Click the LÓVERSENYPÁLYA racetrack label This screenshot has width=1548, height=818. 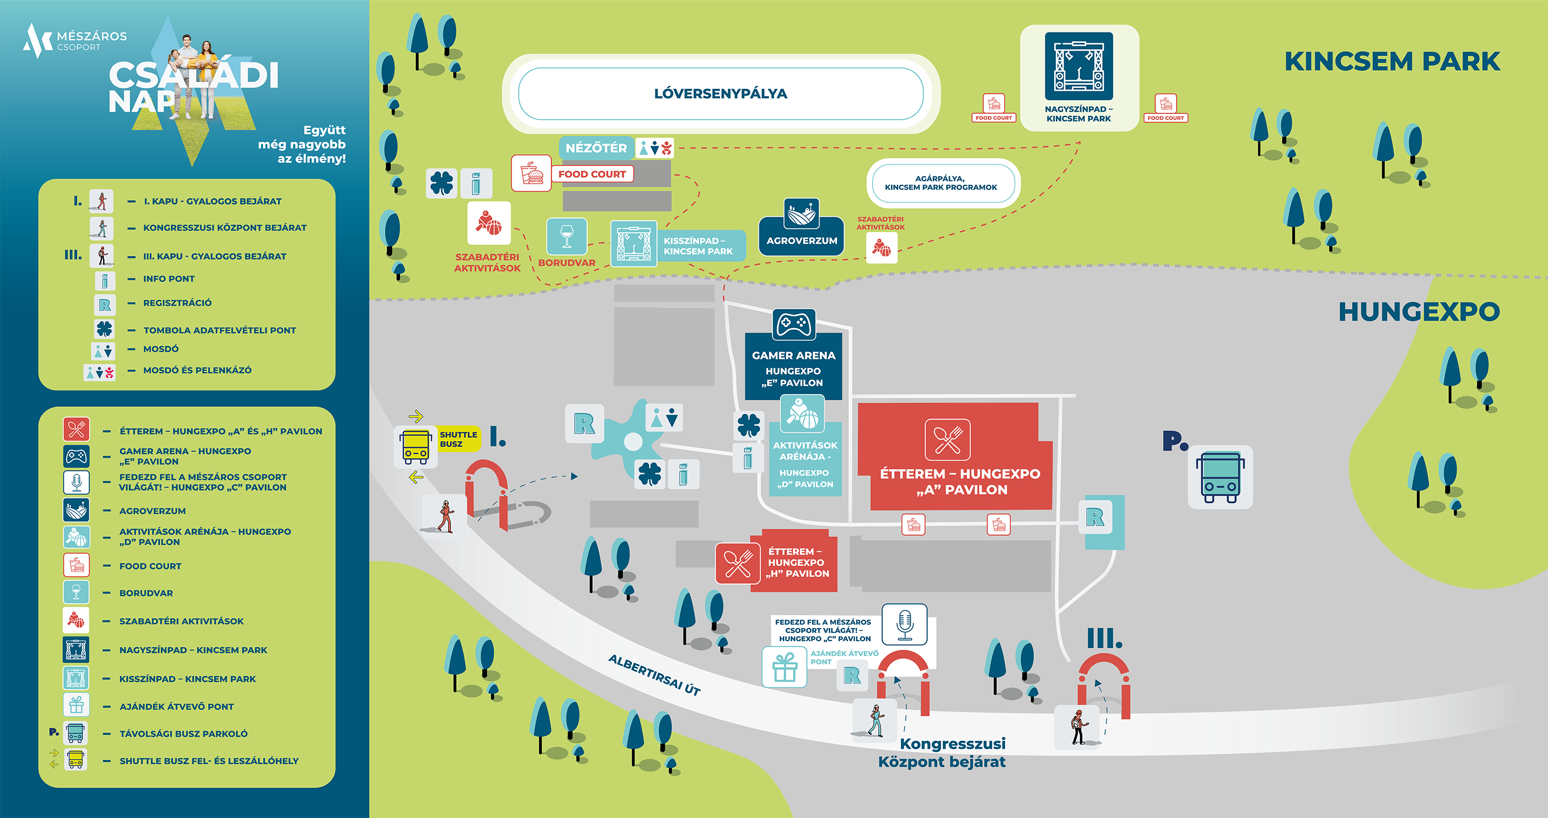pos(720,94)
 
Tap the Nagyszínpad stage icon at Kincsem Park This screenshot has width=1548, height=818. pos(1078,66)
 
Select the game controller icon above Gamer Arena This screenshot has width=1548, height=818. pos(794,325)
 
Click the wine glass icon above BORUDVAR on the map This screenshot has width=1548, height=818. pos(566,236)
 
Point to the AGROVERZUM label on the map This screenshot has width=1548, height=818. pos(802,240)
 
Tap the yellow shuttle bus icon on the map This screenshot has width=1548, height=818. pos(415,447)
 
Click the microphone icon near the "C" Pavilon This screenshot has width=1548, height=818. pos(905,625)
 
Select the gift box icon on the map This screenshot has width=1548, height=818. pos(784,667)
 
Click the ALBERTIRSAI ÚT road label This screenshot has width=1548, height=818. pos(654,675)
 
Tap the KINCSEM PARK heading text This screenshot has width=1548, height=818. pos(1392,61)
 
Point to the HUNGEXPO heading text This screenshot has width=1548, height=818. pos(1419,312)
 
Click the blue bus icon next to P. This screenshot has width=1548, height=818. pos(1220,478)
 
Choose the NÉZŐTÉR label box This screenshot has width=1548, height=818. pos(595,148)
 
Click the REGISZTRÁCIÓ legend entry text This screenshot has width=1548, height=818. pos(178,303)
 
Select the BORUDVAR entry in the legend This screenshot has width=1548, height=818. pos(146,593)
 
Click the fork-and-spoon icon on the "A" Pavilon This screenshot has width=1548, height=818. pos(948,439)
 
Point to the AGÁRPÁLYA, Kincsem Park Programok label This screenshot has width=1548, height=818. pos(941,183)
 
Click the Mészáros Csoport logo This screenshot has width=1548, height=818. pos(74,40)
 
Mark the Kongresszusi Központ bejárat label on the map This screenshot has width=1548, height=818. pos(942,752)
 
